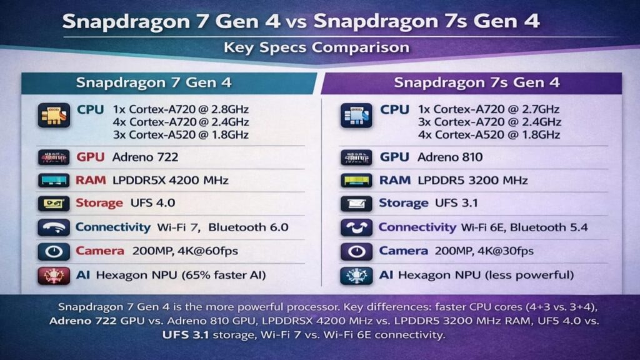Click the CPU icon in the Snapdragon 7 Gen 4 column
(54, 116)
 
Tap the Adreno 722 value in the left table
(145, 157)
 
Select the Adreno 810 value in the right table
(450, 157)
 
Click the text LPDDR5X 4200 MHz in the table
(170, 181)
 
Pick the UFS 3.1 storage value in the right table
(456, 203)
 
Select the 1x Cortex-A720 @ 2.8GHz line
(181, 109)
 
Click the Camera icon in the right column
(356, 251)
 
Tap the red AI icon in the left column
(54, 276)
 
